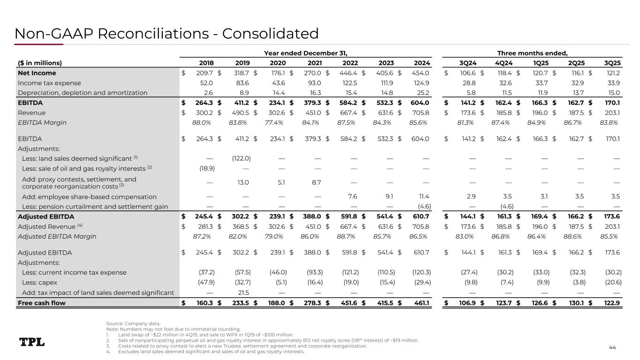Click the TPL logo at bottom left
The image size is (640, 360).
click(x=32, y=342)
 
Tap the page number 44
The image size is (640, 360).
click(x=612, y=347)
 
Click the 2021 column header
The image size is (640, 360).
click(x=314, y=63)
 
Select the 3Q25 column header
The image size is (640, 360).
click(x=612, y=63)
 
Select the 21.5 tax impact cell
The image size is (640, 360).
click(x=243, y=293)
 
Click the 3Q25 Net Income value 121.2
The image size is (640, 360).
click(x=612, y=73)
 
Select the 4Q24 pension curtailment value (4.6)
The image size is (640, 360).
click(x=502, y=207)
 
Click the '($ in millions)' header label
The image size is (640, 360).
click(x=40, y=63)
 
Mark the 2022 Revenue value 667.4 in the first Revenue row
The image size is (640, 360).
click(x=349, y=112)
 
